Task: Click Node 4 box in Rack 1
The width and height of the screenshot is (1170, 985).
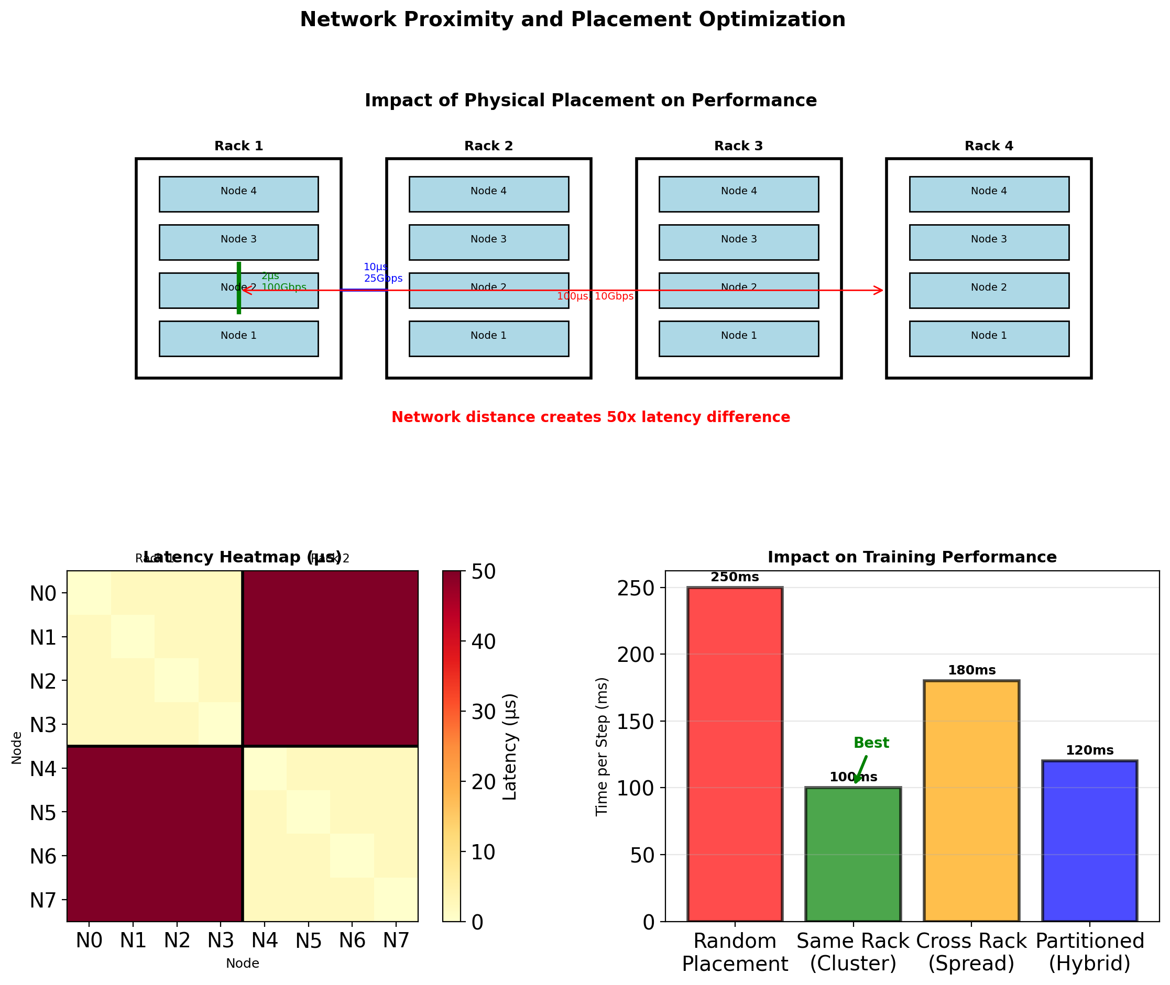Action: (x=238, y=194)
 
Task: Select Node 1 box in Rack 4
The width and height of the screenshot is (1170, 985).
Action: (x=988, y=338)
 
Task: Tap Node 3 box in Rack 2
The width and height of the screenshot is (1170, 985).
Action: (x=488, y=242)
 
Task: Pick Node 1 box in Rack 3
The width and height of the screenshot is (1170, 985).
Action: (x=738, y=338)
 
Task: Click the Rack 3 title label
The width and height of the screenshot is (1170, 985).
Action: (x=738, y=146)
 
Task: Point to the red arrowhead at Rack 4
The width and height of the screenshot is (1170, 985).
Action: (x=878, y=290)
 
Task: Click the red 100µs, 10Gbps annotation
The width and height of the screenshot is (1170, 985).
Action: (x=595, y=296)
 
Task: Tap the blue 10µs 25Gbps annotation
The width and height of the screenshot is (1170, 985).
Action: (x=382, y=273)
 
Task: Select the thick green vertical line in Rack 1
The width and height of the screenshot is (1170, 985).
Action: (x=238, y=288)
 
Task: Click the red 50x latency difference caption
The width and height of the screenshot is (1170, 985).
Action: (x=591, y=417)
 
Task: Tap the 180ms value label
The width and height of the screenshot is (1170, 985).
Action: (x=971, y=670)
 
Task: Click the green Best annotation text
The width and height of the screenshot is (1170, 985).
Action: (x=871, y=743)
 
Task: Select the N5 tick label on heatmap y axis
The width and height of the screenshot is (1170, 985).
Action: (x=43, y=813)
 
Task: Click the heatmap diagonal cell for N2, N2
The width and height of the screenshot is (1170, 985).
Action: (x=177, y=680)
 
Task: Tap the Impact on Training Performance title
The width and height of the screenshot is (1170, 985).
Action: (x=912, y=557)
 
